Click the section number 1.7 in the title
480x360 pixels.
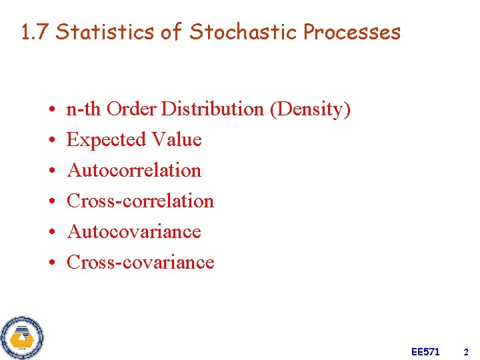[x=35, y=31]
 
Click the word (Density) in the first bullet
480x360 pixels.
[x=310, y=109]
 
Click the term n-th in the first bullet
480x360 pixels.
[x=84, y=109]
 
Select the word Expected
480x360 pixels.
[x=107, y=139]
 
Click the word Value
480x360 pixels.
[x=177, y=139]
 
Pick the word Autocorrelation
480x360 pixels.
[x=134, y=170]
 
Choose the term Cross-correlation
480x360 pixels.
[x=141, y=201]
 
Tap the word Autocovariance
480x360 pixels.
[x=134, y=231]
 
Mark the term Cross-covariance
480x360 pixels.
[x=141, y=262]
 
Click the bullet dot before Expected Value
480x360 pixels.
[x=51, y=141]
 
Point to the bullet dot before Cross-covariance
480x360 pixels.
[x=51, y=263]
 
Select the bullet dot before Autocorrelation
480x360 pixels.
[x=51, y=171]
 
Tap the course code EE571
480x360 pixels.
[x=425, y=351]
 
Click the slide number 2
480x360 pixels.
[x=466, y=351]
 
